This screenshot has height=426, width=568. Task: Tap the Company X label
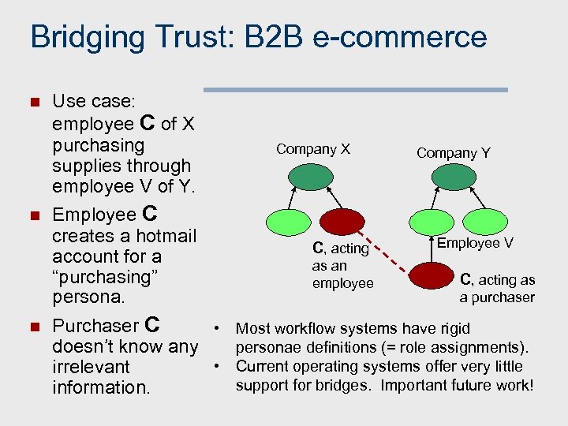[x=313, y=149]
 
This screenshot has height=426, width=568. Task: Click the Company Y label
[x=454, y=153]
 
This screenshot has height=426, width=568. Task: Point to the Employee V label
[x=475, y=243]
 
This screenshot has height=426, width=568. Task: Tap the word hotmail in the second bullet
[x=166, y=235]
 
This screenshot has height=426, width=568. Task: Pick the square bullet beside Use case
[x=33, y=102]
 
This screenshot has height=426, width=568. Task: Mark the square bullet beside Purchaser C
[x=33, y=327]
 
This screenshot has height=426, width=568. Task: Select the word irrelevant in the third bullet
[x=91, y=367]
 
